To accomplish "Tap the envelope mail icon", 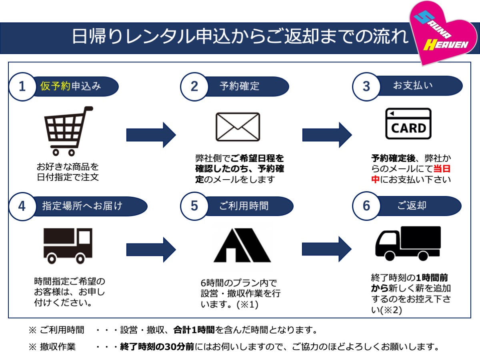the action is [238, 127].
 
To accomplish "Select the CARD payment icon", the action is [408, 124].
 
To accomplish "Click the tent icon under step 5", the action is [242, 245].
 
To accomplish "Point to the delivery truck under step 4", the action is [68, 246].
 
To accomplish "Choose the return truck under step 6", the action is [408, 244].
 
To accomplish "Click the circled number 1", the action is [22, 86].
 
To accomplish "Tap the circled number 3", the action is [366, 86].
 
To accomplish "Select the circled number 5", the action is [194, 206].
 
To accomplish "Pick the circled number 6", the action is [366, 206].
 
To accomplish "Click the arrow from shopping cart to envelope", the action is [151, 135].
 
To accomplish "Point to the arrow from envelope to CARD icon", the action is [327, 135].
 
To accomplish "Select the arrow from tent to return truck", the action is [327, 249].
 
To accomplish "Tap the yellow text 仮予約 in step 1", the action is [55, 86].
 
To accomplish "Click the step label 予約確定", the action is [240, 86].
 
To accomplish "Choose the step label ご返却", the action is [412, 206].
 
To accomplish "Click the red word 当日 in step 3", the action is [442, 168].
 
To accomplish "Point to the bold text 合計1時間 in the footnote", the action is [194, 330].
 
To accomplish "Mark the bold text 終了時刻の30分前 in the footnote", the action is [157, 346].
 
